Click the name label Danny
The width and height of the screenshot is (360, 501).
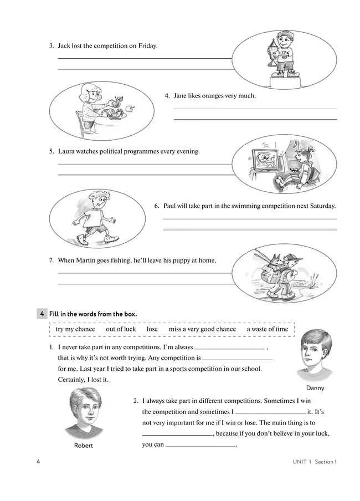coord(315,388)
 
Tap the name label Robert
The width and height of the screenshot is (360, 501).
coord(84,446)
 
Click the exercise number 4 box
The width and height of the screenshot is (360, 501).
coord(42,314)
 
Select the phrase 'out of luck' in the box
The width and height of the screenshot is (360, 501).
coord(121,329)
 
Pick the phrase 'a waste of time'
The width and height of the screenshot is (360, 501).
coord(268,329)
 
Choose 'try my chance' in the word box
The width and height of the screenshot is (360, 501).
coord(75,329)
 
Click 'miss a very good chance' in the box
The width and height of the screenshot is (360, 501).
coord(202,329)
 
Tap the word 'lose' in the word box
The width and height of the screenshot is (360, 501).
coord(152,329)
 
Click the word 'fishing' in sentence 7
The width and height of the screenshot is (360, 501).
coord(117,260)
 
